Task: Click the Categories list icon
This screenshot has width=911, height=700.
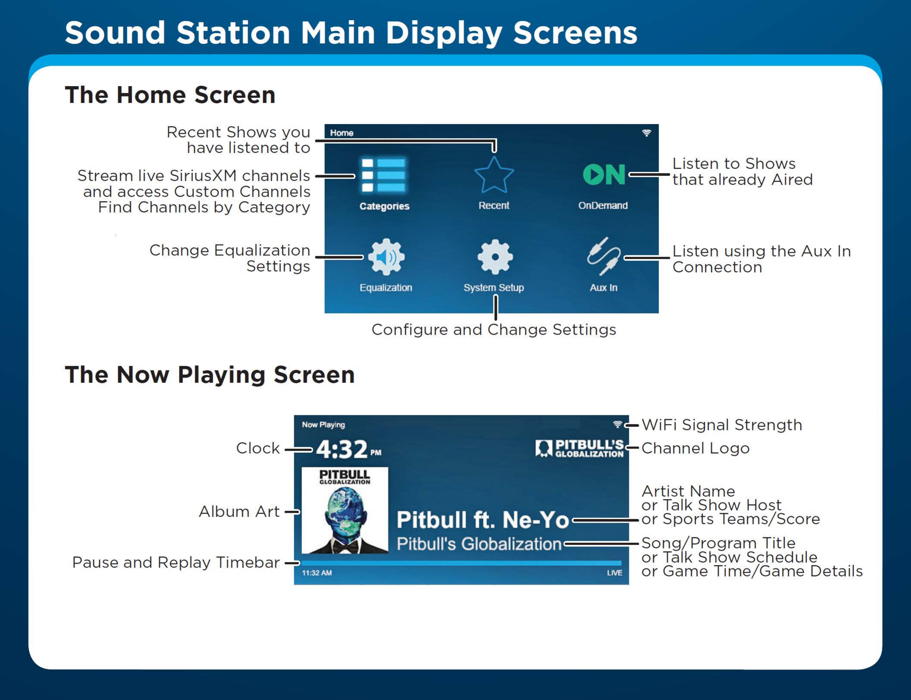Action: click(x=383, y=175)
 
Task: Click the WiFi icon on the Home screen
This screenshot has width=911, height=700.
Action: click(x=646, y=133)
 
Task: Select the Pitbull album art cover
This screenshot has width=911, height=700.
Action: click(x=345, y=510)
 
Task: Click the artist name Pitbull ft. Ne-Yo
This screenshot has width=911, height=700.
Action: click(x=483, y=520)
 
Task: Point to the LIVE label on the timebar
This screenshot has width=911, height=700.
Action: click(x=614, y=573)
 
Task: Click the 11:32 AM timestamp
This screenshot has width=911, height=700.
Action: click(x=317, y=573)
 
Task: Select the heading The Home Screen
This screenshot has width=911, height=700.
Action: click(x=170, y=95)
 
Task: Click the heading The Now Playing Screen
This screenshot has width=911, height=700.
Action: click(x=210, y=375)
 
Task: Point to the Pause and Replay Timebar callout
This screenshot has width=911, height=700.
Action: click(x=175, y=562)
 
